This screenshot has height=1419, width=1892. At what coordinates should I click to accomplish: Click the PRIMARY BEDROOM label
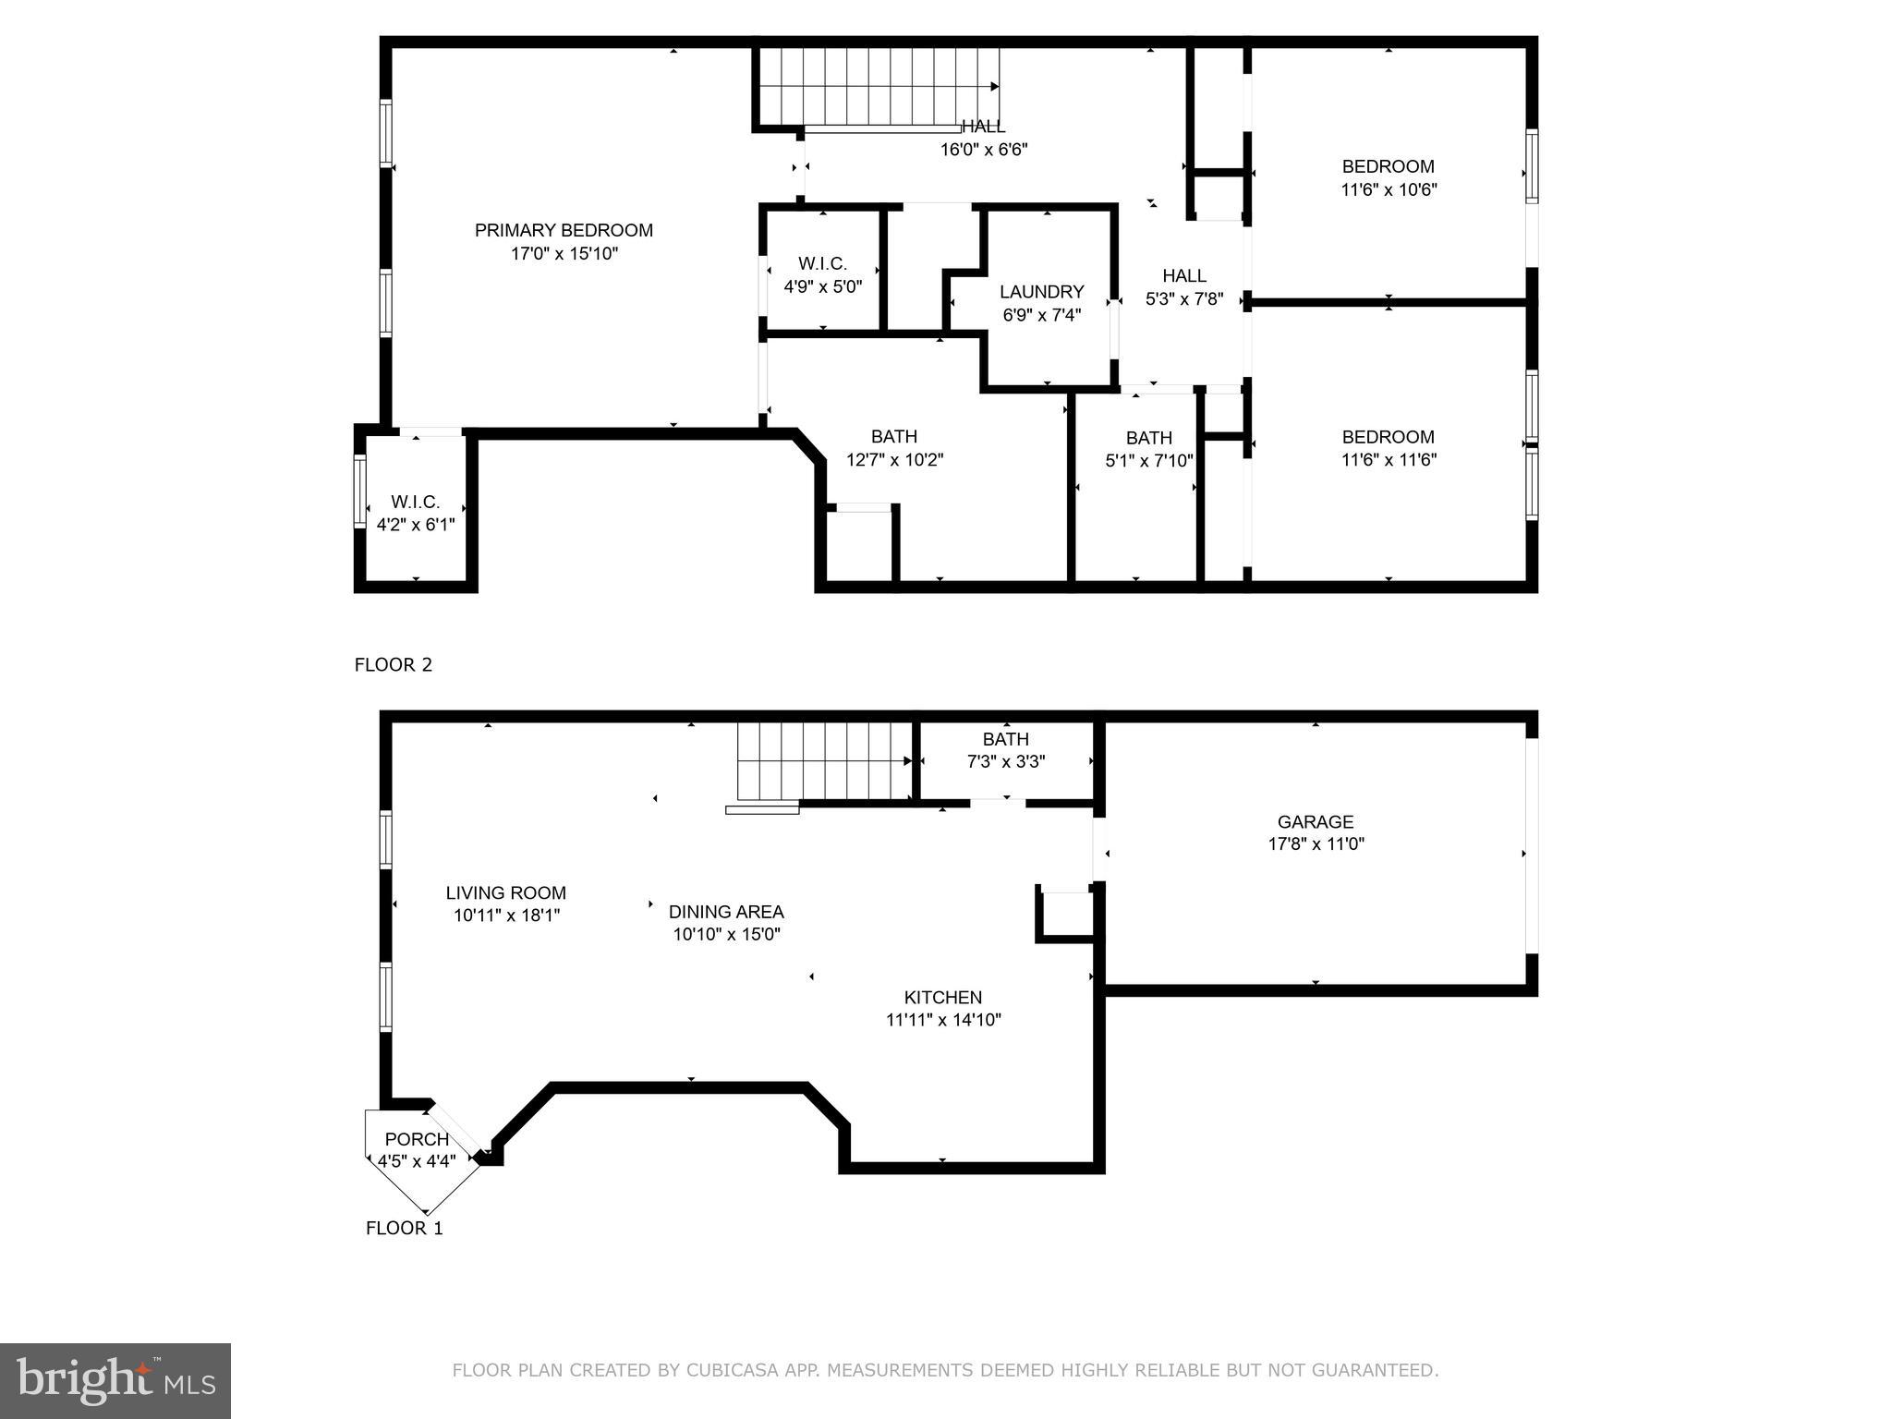pos(564,230)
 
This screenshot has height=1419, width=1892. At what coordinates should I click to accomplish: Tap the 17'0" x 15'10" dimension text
pos(564,253)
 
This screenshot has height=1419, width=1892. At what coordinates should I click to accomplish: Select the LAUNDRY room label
pos(1041,292)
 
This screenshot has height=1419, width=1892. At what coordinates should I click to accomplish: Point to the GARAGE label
pos(1315,821)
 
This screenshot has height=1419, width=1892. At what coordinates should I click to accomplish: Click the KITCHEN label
pos(942,997)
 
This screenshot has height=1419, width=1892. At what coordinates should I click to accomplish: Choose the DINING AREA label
pos(726,912)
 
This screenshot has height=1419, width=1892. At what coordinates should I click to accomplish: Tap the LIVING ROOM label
pos(505,892)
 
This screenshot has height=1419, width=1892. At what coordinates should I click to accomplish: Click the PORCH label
pos(417,1139)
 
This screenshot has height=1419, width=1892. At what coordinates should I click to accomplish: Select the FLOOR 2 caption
pos(393,664)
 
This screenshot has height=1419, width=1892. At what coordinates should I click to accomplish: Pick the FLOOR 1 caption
pos(404,1228)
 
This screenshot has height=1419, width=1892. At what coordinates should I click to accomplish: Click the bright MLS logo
pos(115,1381)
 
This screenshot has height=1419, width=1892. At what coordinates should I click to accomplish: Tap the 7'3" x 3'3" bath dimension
pos(1005,761)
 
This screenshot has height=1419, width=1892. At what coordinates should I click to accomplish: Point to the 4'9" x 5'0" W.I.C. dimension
pos(822,286)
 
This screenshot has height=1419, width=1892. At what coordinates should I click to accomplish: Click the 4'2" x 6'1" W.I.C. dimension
pos(416,525)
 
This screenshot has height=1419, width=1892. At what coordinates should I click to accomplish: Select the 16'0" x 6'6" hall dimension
pos(983,149)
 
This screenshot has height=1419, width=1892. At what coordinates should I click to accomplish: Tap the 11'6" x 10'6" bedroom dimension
pos(1388,189)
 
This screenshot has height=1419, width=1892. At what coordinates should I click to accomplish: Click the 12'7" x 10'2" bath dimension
pos(894,459)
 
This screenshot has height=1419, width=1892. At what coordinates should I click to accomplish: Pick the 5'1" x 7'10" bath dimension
pos(1148,460)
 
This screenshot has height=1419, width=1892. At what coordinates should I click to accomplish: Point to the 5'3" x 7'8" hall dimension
pos(1183,298)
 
